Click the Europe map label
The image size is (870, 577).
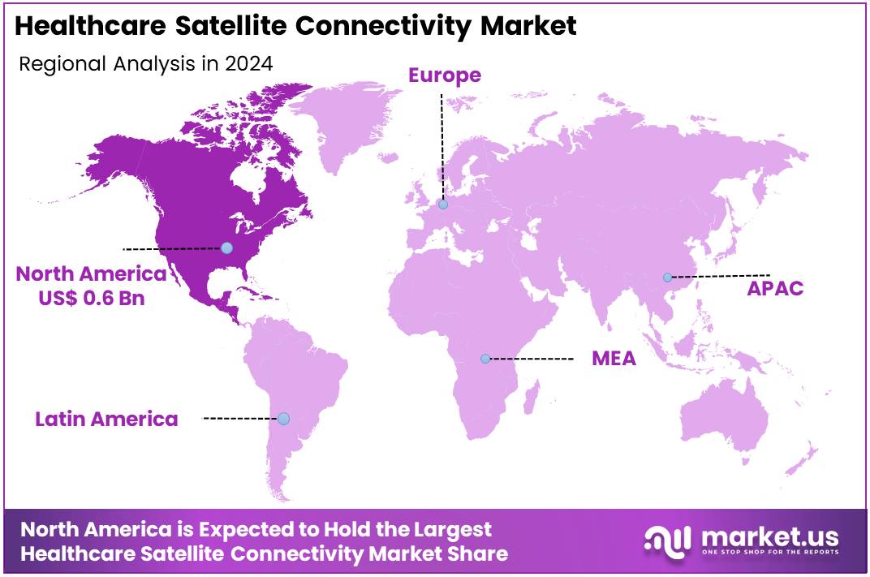(444, 75)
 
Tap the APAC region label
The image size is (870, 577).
(776, 288)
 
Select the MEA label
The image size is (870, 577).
(614, 358)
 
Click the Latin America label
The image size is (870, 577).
(106, 419)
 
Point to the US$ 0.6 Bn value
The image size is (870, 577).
(91, 298)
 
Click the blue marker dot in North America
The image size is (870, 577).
(227, 248)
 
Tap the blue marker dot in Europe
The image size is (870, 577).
(443, 205)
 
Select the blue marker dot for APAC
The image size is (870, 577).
(667, 278)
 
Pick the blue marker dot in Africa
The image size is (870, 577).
(485, 359)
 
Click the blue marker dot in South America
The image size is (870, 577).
(283, 419)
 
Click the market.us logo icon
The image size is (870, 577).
(667, 540)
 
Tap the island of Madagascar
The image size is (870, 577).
(532, 399)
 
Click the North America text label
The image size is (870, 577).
(91, 273)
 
